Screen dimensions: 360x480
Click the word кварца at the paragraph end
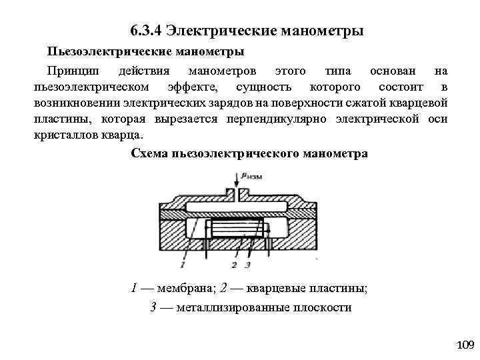pos(125,135)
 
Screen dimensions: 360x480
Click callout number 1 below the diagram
pos(182,265)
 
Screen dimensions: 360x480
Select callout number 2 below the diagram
pos(234,265)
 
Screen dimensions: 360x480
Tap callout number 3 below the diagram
pos(247,265)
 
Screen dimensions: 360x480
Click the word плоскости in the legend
pos(326,307)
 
